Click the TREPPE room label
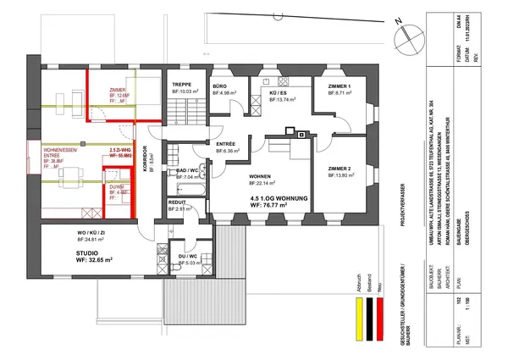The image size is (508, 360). (x=181, y=85)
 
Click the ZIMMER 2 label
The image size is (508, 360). (x=339, y=169)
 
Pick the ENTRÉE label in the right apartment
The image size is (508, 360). (x=226, y=145)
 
